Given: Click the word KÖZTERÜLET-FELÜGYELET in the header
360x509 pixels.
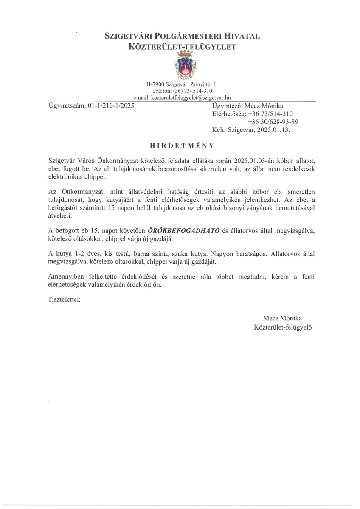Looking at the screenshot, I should (x=182, y=48).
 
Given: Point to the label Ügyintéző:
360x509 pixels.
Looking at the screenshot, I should (x=227, y=106).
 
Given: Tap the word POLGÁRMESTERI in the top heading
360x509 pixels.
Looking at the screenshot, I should (x=181, y=37).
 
